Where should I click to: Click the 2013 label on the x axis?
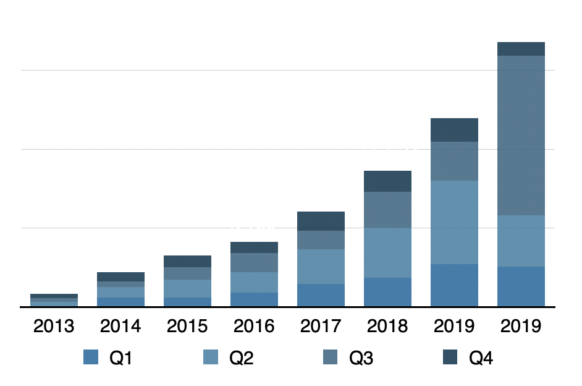click(x=54, y=326)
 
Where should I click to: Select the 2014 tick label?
click(x=120, y=326)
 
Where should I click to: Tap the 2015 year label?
click(x=187, y=326)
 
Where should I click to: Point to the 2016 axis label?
click(x=254, y=326)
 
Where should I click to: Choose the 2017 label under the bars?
click(x=321, y=326)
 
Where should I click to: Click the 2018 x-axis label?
click(x=387, y=326)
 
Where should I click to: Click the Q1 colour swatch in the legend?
click(x=91, y=357)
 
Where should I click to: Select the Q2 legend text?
click(x=242, y=358)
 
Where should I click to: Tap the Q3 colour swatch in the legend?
click(x=331, y=357)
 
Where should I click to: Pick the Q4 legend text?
click(x=481, y=358)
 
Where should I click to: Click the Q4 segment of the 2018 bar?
click(x=387, y=181)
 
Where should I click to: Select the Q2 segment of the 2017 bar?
click(x=321, y=267)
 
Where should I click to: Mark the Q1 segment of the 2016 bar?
click(x=254, y=299)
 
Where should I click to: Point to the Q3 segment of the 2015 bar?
click(x=187, y=273)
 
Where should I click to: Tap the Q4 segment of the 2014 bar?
click(x=120, y=277)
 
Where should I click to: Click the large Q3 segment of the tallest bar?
click(x=521, y=135)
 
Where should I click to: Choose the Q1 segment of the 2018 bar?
click(x=387, y=292)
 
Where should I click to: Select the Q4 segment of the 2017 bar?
click(x=321, y=221)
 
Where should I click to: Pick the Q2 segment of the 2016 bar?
click(x=254, y=282)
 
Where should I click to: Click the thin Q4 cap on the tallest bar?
click(x=521, y=49)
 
